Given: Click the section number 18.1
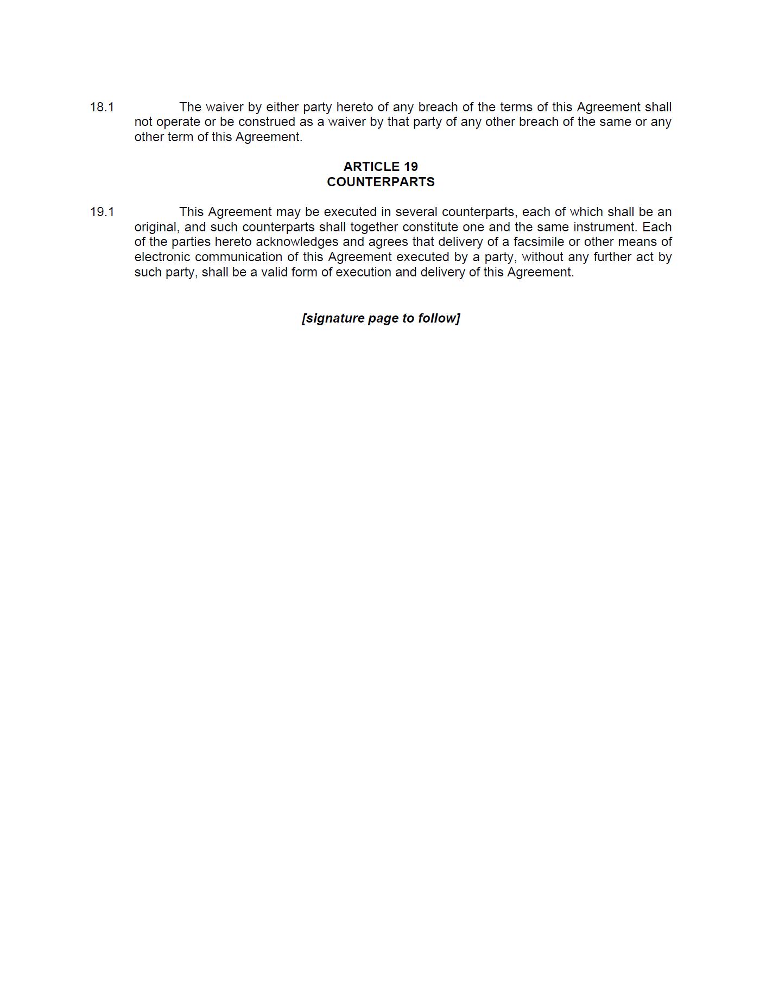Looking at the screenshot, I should [x=102, y=107].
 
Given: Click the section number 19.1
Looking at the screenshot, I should [x=102, y=212].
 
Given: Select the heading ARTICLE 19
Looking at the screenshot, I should [x=381, y=167].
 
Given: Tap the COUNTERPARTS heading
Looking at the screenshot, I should [x=381, y=182].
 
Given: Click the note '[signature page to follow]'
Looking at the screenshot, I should [x=381, y=318].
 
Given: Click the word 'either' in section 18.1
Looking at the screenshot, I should [x=282, y=107].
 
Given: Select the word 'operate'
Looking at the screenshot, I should [x=178, y=122].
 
